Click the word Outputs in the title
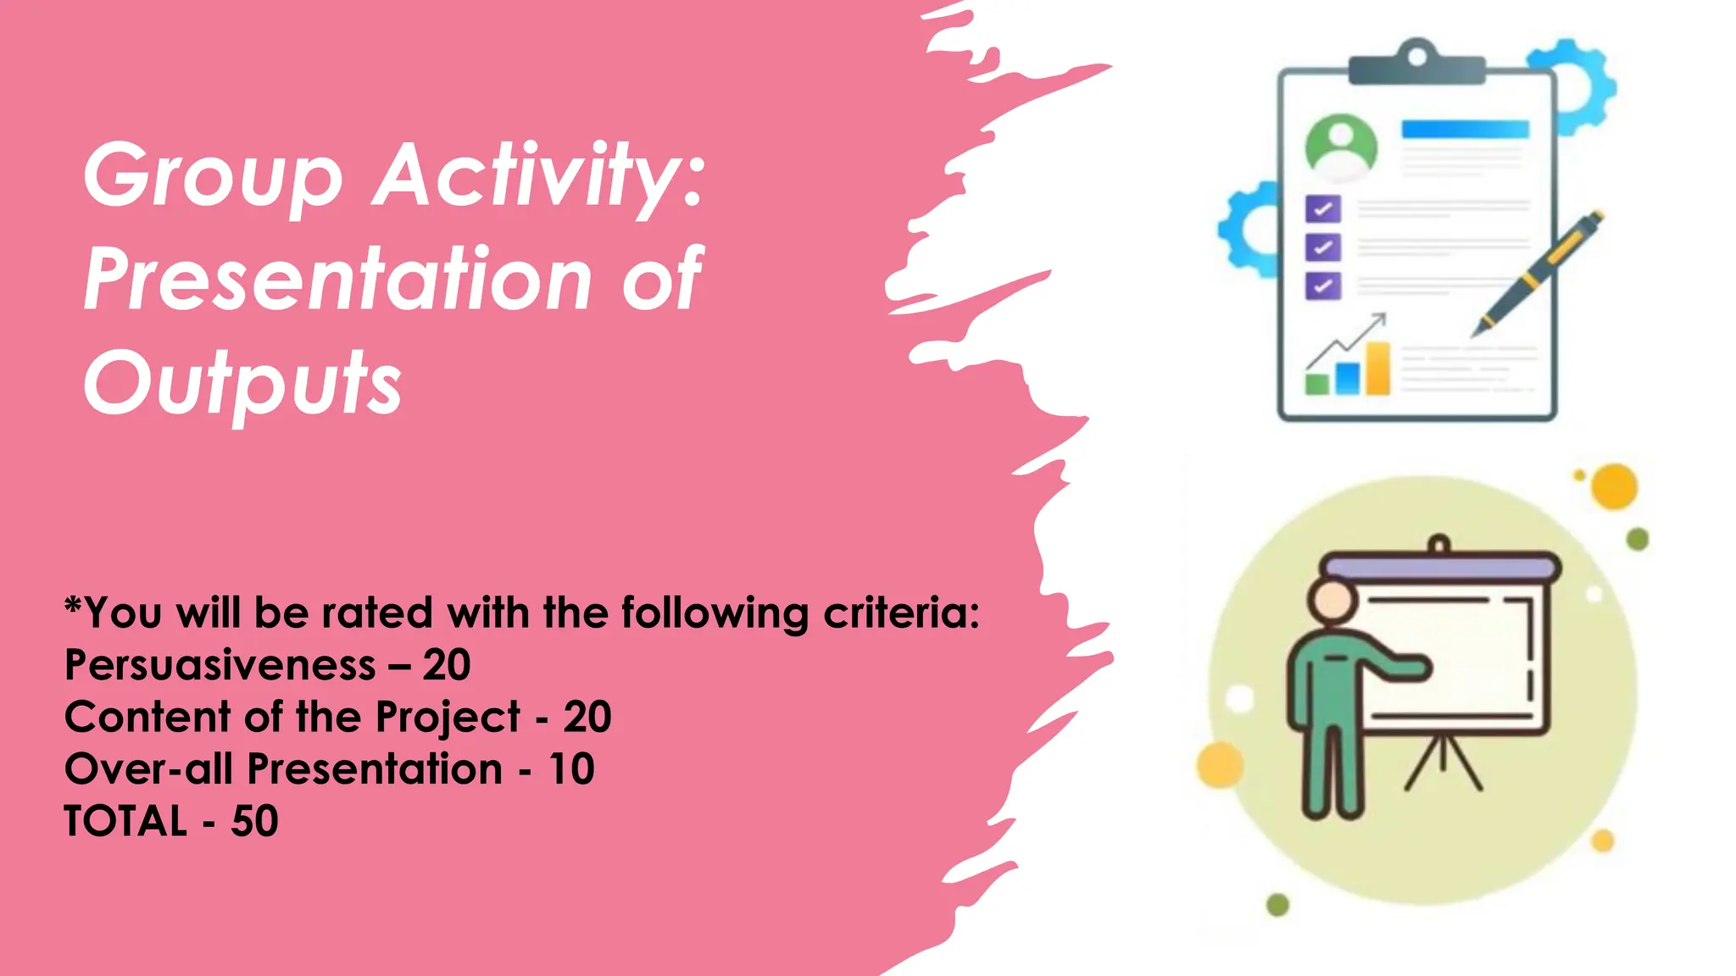tap(242, 383)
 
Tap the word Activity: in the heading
tap(539, 176)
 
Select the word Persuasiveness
tap(220, 665)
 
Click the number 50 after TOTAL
tap(254, 821)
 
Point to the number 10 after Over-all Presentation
tap(571, 769)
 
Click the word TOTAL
tap(125, 821)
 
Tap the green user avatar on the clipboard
tap(1340, 147)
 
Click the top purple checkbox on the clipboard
tap(1322, 208)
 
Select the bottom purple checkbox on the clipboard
tap(1322, 286)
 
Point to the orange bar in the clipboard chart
tap(1378, 369)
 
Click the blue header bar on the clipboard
tap(1465, 130)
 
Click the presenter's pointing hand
tap(1415, 668)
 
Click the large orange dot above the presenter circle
tap(1614, 486)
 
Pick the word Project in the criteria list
tap(447, 718)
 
